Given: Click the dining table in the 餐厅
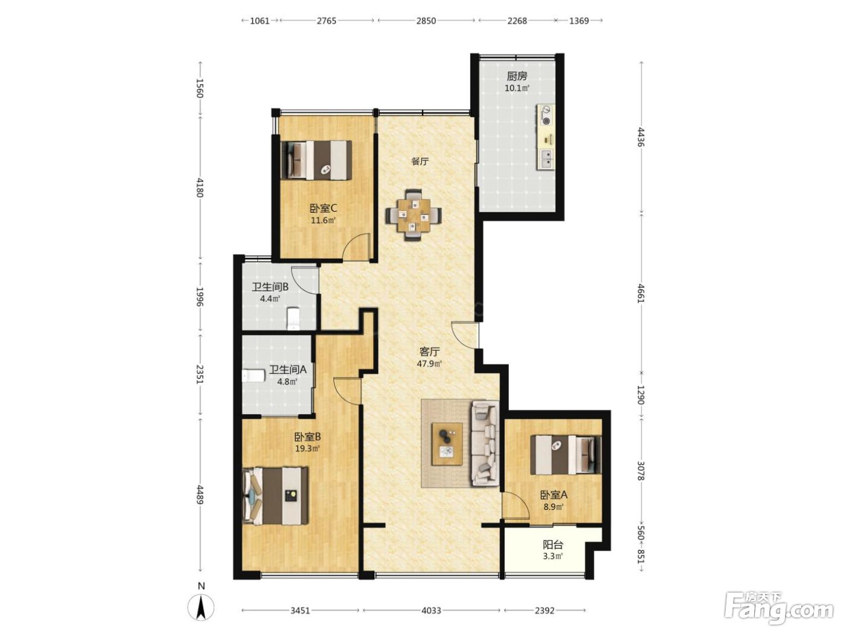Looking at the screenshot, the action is pos(414,215).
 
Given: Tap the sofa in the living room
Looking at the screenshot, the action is pos(485,442).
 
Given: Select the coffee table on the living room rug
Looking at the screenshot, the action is pos(447,444).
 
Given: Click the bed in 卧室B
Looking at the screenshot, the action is pos(276,496).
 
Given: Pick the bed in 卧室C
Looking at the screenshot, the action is pos(316,160).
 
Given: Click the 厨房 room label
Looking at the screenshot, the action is pos(517,76).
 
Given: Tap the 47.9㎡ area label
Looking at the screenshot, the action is pos(429,364).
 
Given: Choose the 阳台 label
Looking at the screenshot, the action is pos(553,545).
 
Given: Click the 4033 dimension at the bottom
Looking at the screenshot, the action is pos(431,610).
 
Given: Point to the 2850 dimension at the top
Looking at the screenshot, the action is pos(426,20).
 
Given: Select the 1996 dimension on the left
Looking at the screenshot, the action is pos(200,297).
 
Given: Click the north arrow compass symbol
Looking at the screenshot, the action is pos(201,608).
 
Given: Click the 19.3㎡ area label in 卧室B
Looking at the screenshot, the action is pos(307,448).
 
